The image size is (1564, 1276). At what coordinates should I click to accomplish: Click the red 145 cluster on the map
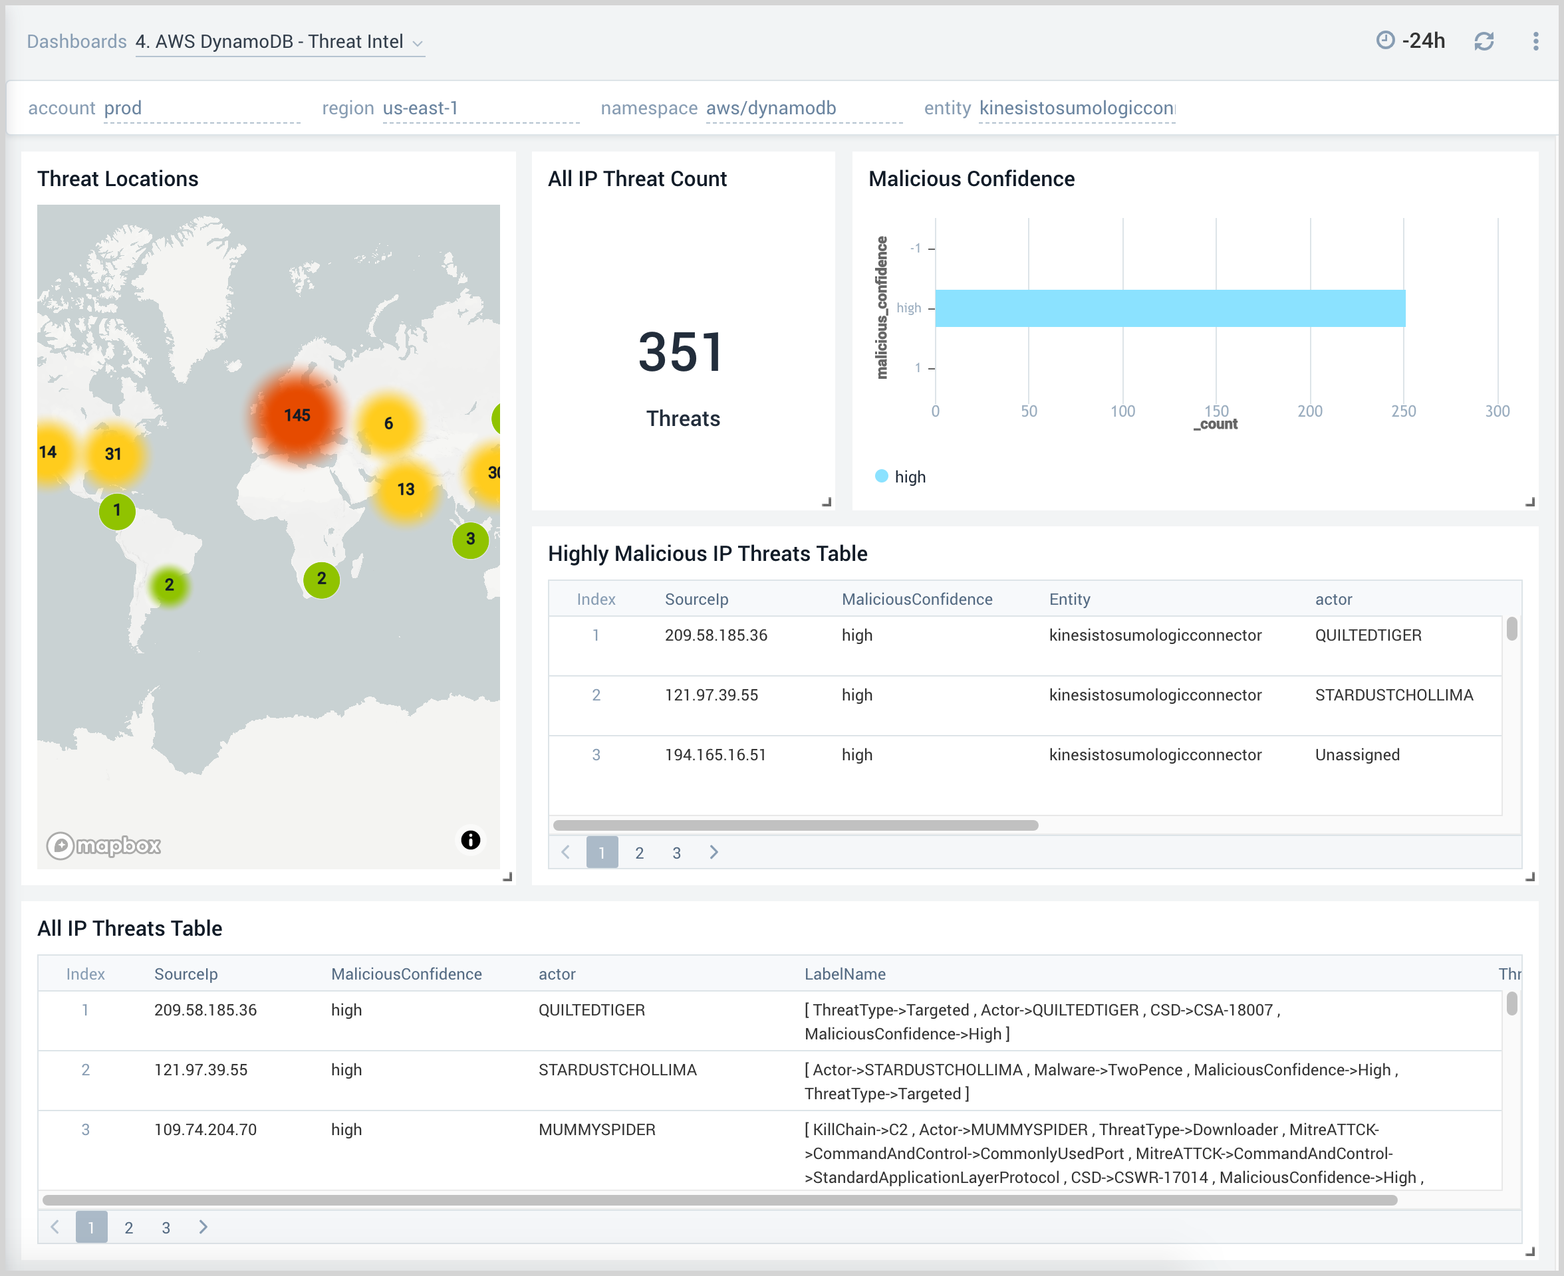pos(297,416)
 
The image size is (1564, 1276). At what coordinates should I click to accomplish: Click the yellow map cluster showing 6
pos(388,423)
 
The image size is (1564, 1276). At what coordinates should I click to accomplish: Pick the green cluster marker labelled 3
pos(471,540)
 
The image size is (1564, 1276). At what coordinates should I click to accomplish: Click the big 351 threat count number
pos(682,352)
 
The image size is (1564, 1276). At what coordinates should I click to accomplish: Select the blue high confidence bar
pos(1169,308)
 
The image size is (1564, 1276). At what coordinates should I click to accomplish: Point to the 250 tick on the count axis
pos(1403,411)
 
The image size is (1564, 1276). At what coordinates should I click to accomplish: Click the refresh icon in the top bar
pos(1483,41)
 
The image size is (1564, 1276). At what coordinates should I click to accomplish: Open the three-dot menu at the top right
pos(1535,41)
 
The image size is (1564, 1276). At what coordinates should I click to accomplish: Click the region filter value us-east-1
pos(421,108)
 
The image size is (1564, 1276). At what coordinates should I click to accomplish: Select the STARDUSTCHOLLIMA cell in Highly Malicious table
pos(1393,695)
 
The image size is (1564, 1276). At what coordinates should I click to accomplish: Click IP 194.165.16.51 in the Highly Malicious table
pos(715,755)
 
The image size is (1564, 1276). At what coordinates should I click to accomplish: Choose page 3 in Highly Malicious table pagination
pos(676,853)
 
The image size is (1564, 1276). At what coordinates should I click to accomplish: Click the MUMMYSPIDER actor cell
pos(596,1130)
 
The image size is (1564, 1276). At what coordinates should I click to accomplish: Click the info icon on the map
pos(471,840)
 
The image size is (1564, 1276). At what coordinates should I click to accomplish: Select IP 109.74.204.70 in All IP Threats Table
pos(205,1130)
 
